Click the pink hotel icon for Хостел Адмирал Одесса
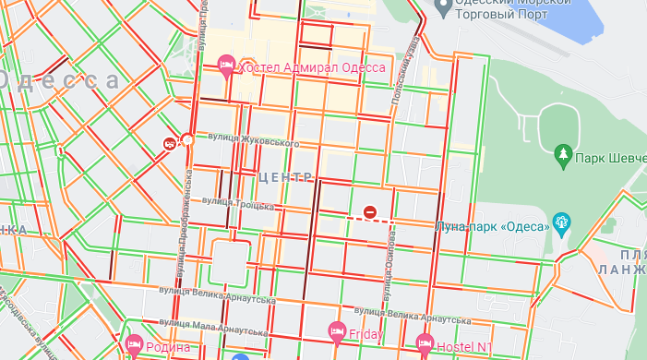click(226, 65)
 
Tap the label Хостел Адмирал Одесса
click(311, 67)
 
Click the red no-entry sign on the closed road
click(370, 213)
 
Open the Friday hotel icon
click(337, 331)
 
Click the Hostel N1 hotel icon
click(425, 343)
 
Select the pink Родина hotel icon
click(133, 343)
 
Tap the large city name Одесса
click(60, 80)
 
